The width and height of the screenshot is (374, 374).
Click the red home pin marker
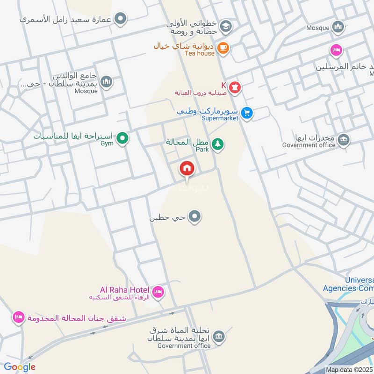[187, 169]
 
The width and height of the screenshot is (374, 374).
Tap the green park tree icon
[217, 144]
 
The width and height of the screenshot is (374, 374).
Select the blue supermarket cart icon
[247, 113]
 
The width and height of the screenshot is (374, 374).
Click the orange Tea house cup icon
[223, 47]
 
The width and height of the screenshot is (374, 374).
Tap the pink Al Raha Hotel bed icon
[158, 292]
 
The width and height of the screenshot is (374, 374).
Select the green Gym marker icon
[122, 138]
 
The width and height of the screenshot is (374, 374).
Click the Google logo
[20, 367]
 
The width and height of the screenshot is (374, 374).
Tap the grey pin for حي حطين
[195, 217]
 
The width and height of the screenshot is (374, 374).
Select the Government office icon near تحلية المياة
[218, 336]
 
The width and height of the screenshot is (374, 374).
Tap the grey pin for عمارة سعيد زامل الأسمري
[121, 19]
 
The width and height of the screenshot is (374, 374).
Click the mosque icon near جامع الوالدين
[107, 82]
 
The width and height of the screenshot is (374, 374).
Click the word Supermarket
[220, 118]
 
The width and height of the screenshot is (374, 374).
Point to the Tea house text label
[199, 53]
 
